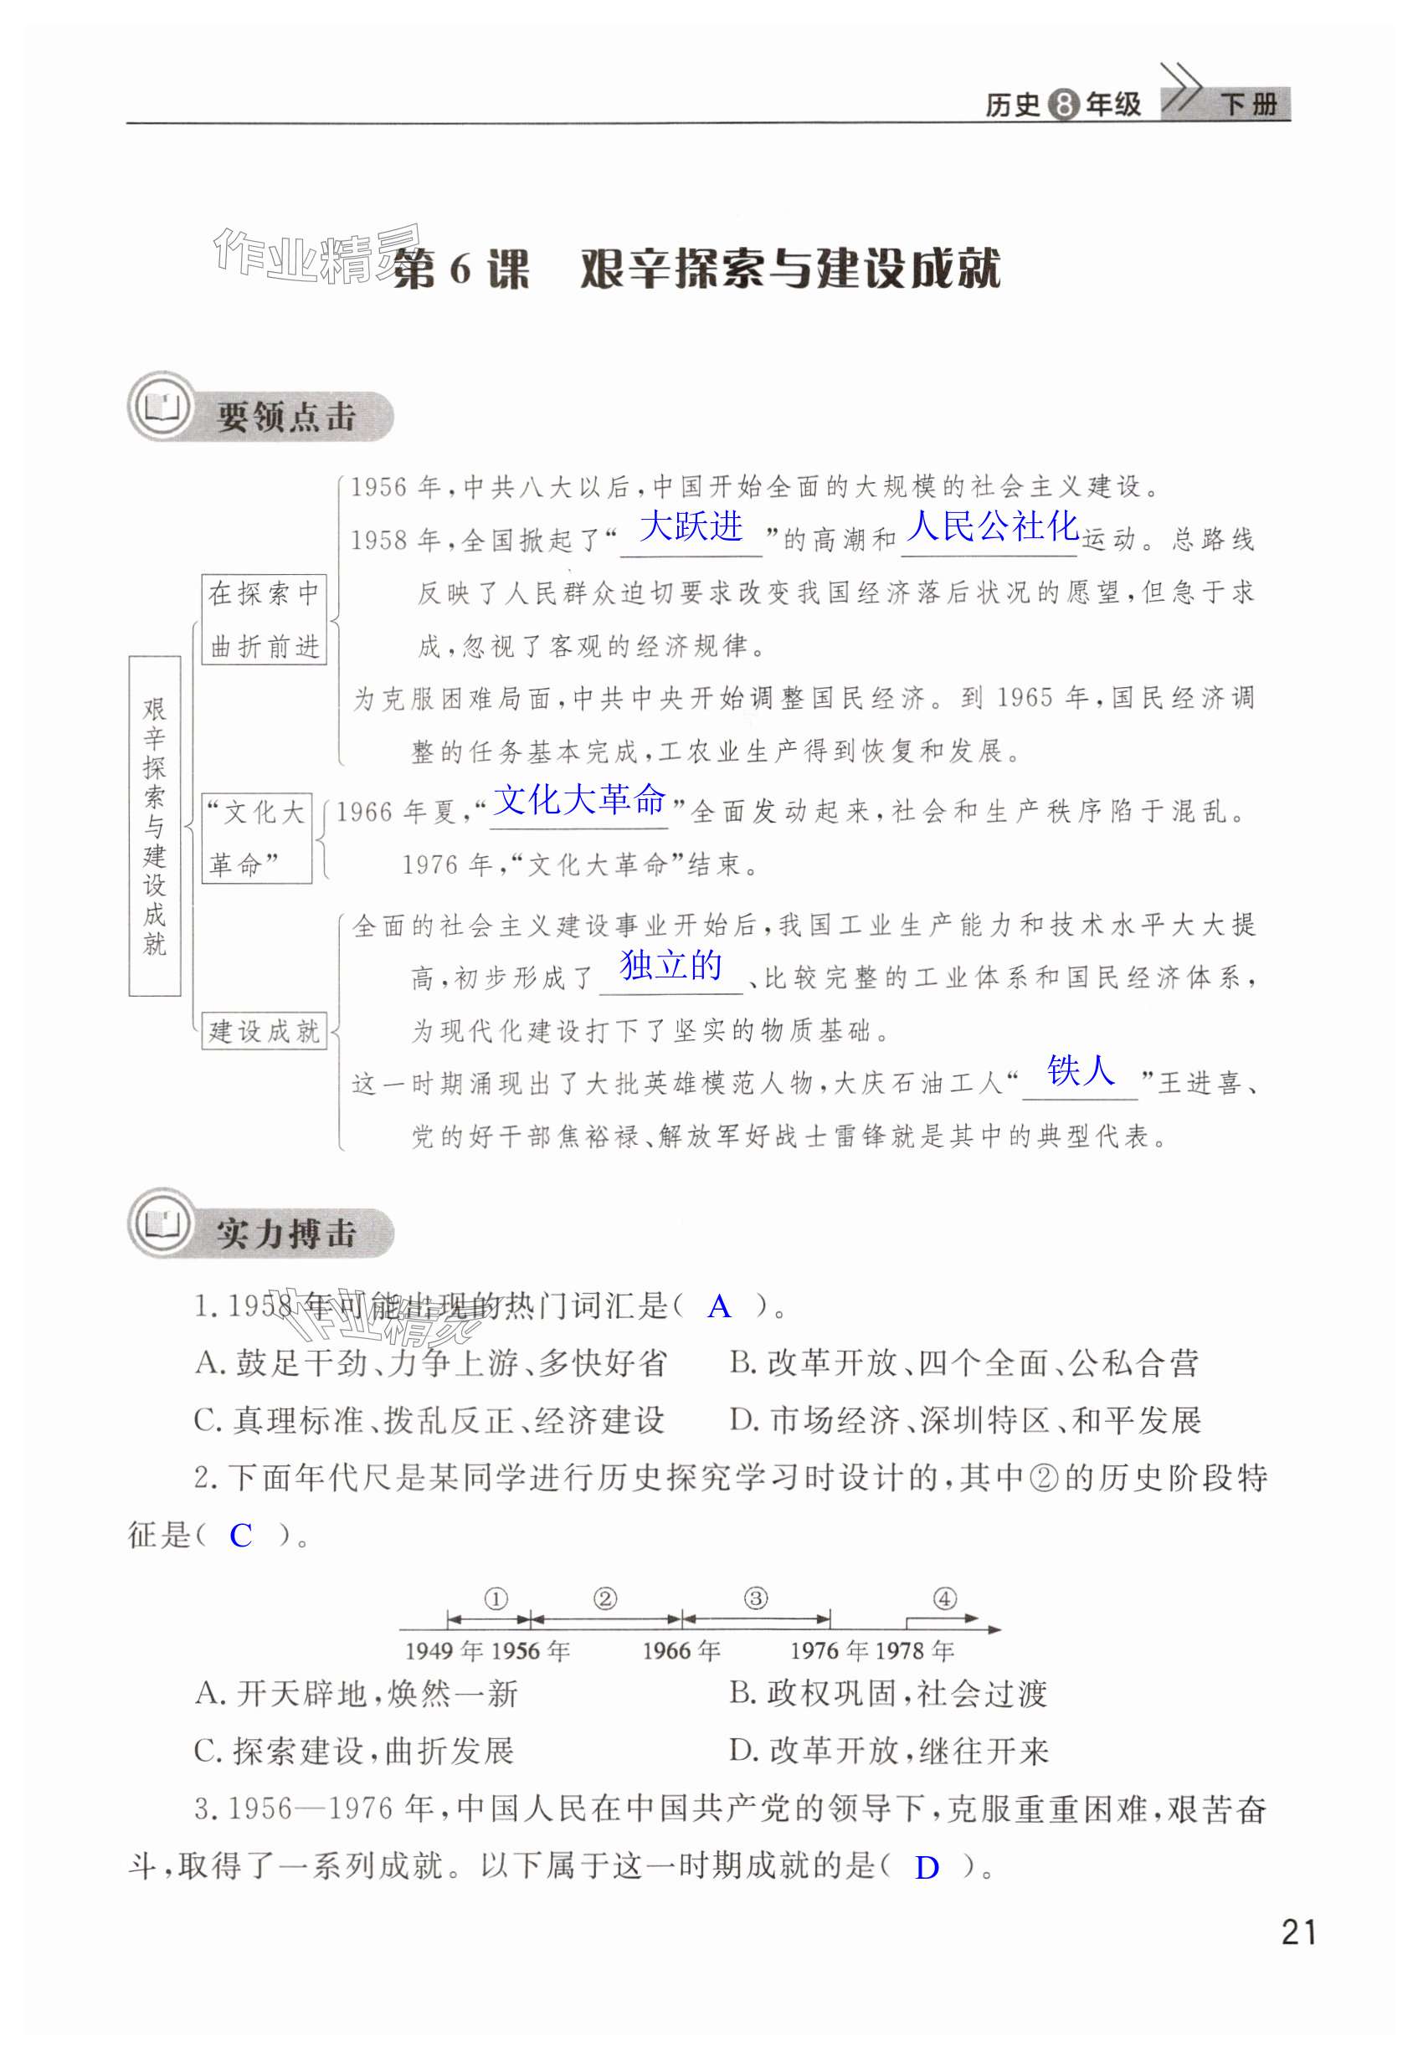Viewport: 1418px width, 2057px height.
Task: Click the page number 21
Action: [1299, 1931]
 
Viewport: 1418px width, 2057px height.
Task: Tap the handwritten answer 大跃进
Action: [691, 526]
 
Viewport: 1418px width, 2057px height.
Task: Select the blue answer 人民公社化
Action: [992, 526]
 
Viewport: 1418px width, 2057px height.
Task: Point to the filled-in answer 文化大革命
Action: [578, 800]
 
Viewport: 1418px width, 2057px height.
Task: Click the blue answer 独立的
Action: [670, 966]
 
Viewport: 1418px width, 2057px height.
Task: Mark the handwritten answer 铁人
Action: [1080, 1070]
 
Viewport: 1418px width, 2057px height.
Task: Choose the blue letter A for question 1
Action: [719, 1306]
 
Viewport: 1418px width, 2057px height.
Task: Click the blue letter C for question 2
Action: [241, 1536]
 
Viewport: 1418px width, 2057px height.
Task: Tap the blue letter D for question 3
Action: [927, 1868]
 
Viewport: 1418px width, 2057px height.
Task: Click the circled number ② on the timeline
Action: [605, 1599]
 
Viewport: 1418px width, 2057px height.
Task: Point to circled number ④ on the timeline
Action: [944, 1599]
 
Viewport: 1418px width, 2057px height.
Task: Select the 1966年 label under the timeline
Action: [681, 1651]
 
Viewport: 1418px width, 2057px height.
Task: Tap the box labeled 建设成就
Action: [264, 1031]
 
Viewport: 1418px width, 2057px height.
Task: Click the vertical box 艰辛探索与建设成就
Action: [155, 825]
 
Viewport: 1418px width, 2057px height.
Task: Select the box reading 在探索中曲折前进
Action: [264, 619]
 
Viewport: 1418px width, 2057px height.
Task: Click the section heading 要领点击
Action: [286, 417]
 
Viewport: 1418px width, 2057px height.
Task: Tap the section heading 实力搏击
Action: [286, 1234]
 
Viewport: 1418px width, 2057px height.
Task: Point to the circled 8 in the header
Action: [1062, 105]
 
